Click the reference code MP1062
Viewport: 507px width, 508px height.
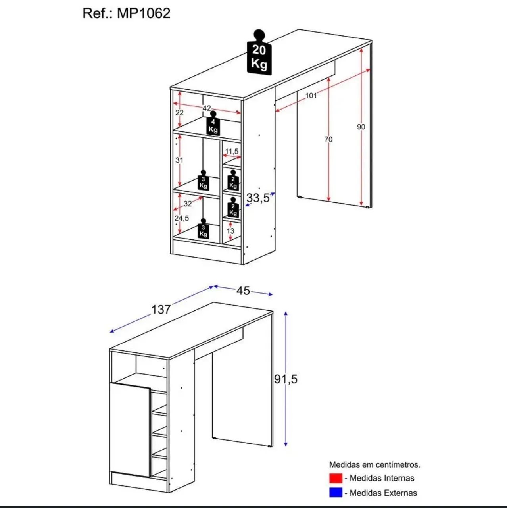[x=144, y=13]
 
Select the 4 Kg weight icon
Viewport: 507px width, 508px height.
[x=213, y=123]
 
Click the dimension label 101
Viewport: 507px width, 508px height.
[x=311, y=95]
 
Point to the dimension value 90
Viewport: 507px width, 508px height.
[x=361, y=127]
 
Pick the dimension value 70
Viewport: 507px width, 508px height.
[x=328, y=139]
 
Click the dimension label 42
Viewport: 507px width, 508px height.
[x=207, y=108]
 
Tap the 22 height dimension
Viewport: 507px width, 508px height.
[x=179, y=113]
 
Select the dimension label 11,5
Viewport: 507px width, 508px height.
[x=232, y=151]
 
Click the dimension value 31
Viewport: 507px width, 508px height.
[x=179, y=160]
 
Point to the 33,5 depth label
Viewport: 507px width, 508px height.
[x=258, y=198]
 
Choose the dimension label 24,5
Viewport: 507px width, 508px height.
[x=182, y=218]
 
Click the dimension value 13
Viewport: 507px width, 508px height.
[x=230, y=231]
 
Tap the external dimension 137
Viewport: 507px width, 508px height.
[x=161, y=309]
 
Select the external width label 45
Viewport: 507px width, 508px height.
[x=243, y=291]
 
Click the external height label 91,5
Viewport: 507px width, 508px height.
[x=286, y=379]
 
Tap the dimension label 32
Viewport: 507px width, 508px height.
[x=188, y=204]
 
